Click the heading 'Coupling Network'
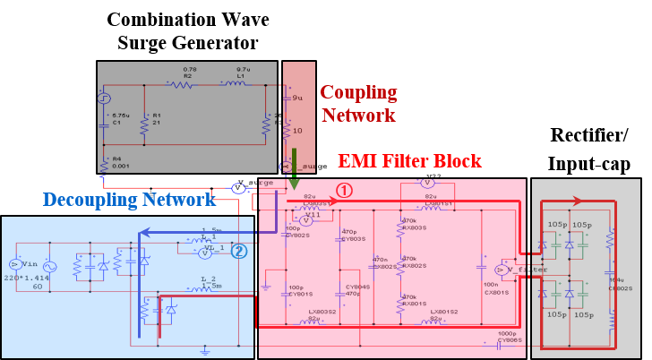tap(357, 104)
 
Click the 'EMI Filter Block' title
tap(409, 162)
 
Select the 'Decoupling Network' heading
tap(129, 200)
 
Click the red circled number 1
tap(345, 190)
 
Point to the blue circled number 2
tap(238, 252)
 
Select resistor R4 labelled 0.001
tap(105, 164)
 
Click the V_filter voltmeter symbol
tap(499, 269)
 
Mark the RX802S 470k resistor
tap(400, 265)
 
